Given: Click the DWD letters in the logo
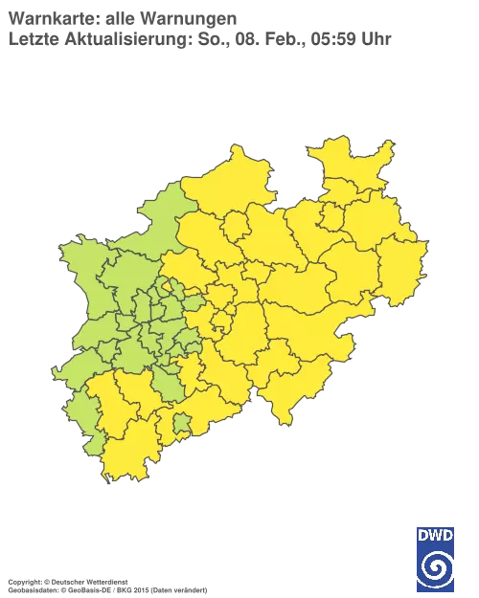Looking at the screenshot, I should click(x=435, y=535).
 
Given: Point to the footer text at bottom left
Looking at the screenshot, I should click(x=105, y=580).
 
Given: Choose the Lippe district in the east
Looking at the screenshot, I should click(x=369, y=225).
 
